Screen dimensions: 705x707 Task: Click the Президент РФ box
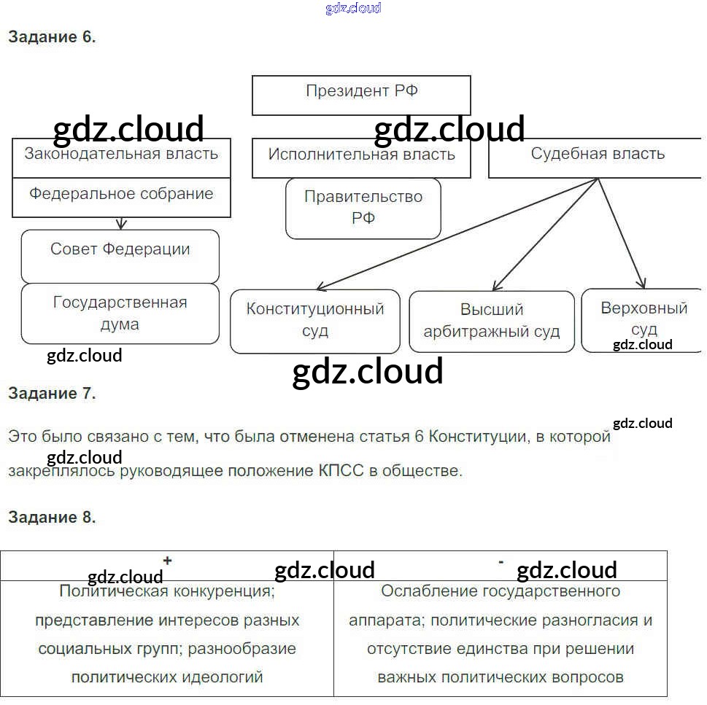pos(361,95)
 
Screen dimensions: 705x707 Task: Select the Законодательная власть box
pos(121,157)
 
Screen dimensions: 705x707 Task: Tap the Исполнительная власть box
pos(361,157)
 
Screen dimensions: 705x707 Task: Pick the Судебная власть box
pos(597,157)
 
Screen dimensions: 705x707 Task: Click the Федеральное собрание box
pos(121,197)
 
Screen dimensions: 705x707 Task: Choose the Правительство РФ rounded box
pos(363,208)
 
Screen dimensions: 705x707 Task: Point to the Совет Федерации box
pos(120,256)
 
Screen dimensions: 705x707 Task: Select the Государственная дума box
pos(120,313)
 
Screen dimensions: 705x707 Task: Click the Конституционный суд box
pos(314,321)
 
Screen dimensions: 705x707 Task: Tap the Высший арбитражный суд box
pos(491,322)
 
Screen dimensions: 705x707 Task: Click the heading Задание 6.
pos(52,37)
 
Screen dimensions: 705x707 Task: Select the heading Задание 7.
pos(52,394)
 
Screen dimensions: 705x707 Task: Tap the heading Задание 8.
pos(52,518)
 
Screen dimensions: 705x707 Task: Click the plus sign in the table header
pos(168,561)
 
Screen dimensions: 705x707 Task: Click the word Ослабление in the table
pos(425,591)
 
